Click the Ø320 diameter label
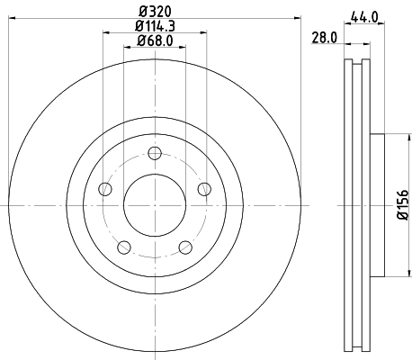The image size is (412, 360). [154, 12]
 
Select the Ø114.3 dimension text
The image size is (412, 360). [154, 27]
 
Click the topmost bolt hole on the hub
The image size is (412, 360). [154, 152]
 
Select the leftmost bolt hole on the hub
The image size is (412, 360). [103, 189]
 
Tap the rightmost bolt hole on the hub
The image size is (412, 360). [204, 188]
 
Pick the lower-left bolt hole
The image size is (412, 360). [123, 247]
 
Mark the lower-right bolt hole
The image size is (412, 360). [185, 247]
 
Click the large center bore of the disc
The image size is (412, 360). [154, 205]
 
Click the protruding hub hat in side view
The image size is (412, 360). [377, 206]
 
